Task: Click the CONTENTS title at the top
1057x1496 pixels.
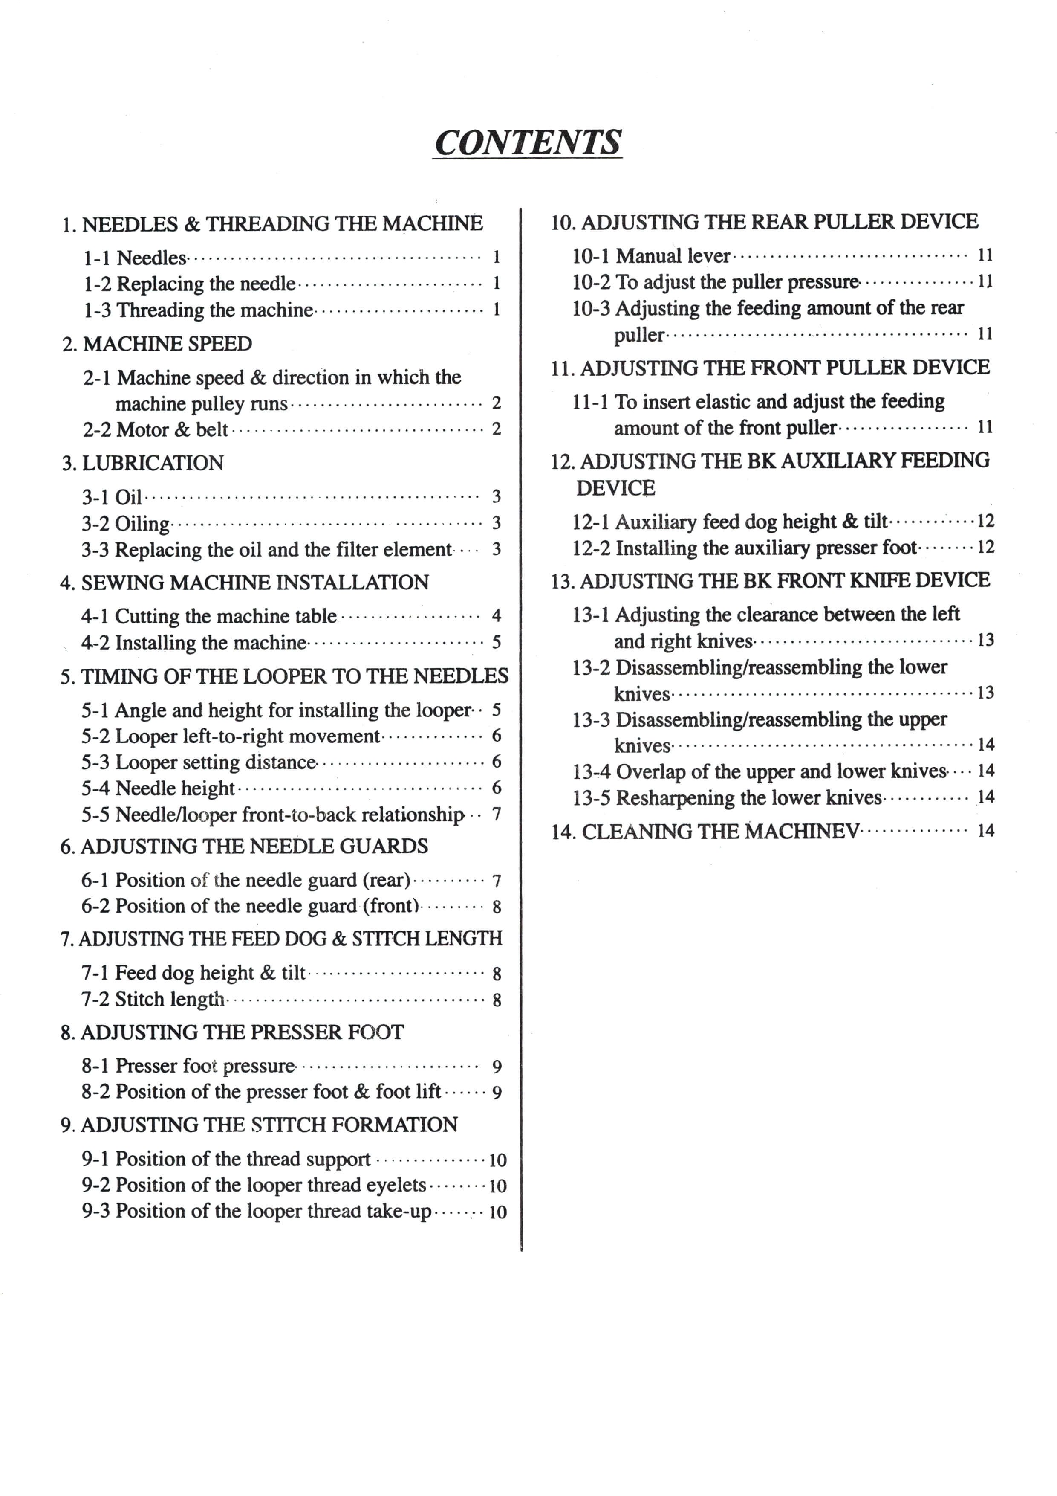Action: (528, 142)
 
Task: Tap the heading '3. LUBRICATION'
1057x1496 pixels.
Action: (143, 463)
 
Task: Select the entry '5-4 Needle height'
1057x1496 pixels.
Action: (158, 789)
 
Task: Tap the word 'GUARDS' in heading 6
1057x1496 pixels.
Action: (391, 847)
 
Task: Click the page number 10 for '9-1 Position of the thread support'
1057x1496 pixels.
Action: (497, 1160)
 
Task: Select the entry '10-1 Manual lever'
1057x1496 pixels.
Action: (651, 256)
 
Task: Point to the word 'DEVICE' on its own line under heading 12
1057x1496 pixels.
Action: (615, 487)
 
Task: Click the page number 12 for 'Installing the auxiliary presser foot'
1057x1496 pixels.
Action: (986, 547)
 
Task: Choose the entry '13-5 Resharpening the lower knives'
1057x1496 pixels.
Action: (727, 798)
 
